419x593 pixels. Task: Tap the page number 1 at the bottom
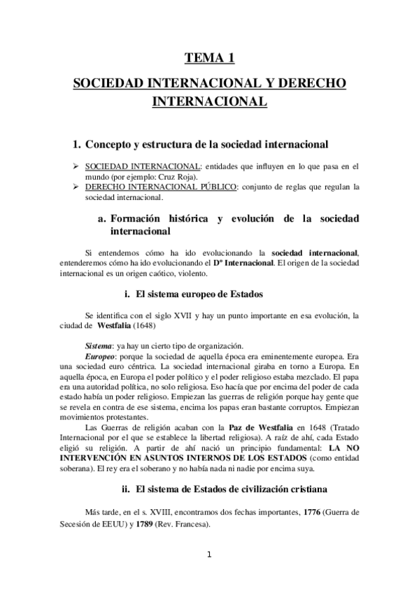click(x=208, y=556)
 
